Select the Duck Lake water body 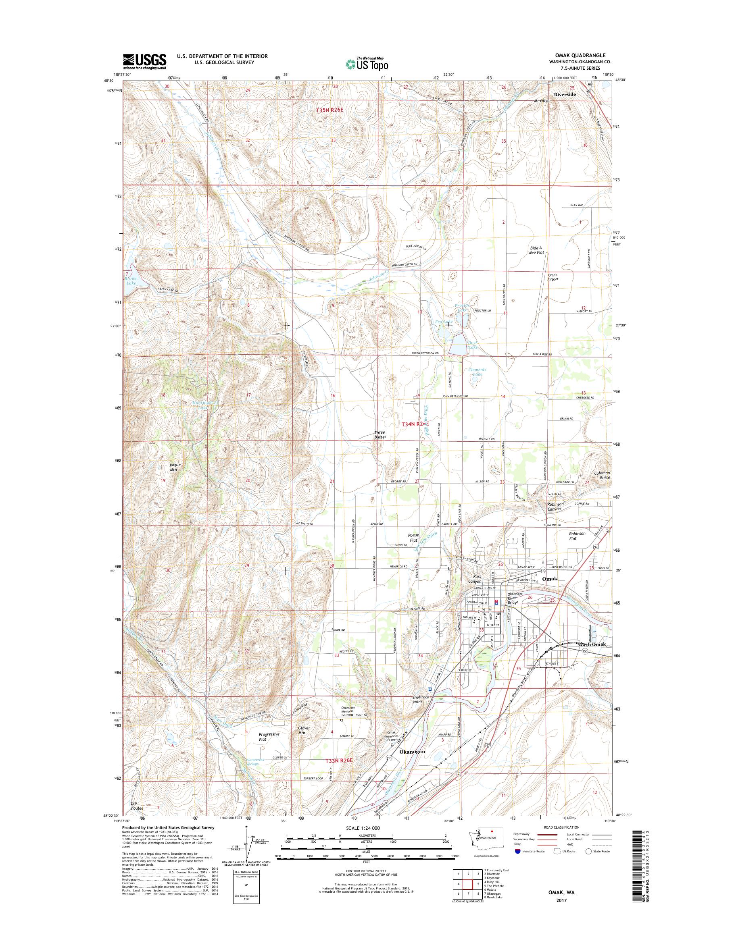(457, 344)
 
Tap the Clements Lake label (478, 372)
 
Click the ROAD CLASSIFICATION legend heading (558, 839)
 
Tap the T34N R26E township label (415, 424)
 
